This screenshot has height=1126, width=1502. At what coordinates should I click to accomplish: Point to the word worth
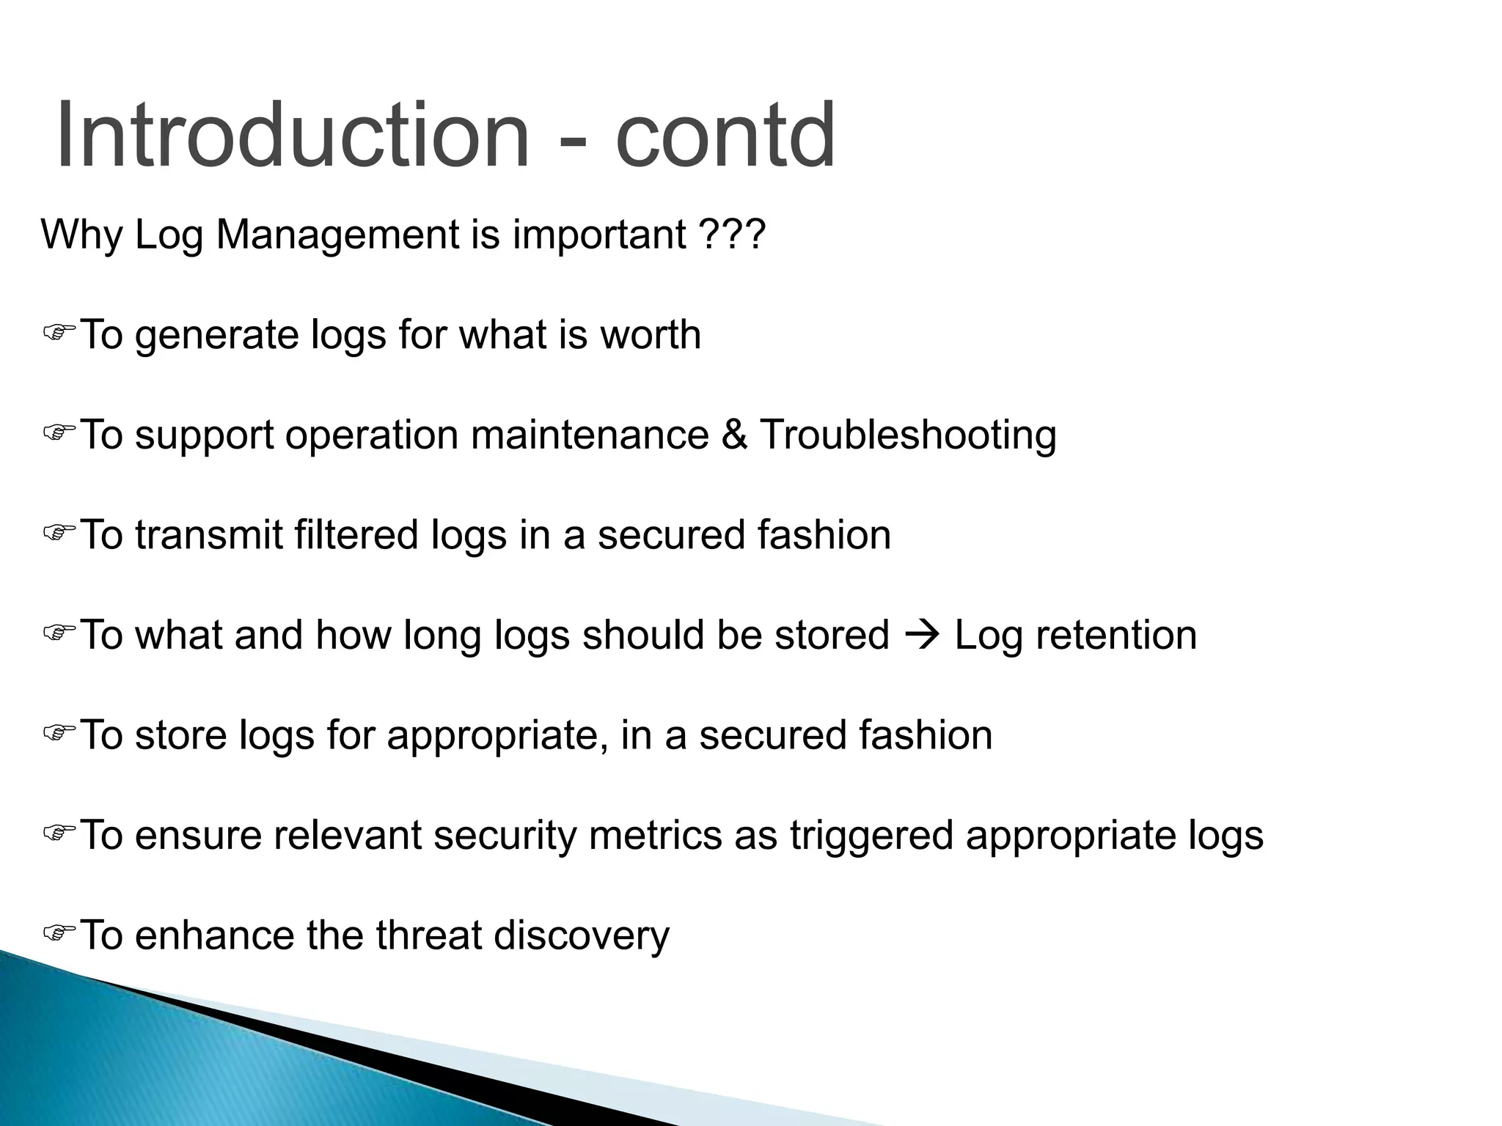point(651,335)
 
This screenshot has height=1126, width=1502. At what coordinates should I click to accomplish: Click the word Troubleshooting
point(908,435)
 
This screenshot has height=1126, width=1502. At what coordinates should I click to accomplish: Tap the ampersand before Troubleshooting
point(734,435)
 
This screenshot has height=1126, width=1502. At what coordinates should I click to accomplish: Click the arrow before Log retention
point(922,635)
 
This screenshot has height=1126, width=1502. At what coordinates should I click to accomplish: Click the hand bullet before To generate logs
point(59,334)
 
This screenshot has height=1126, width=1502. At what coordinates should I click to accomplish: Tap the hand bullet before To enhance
point(59,933)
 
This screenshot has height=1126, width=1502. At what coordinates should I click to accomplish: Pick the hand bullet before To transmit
point(59,533)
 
